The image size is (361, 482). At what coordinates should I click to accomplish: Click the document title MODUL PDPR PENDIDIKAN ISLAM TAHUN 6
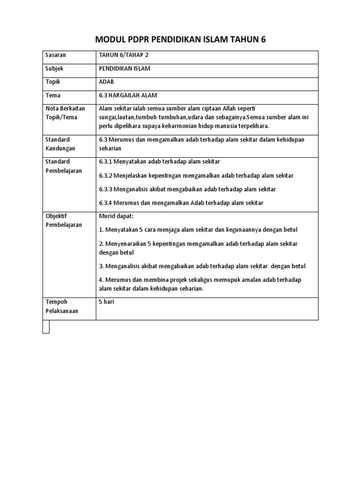click(x=180, y=40)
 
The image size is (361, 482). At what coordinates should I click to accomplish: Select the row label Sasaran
click(x=55, y=55)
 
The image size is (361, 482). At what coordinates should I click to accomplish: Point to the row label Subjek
click(x=55, y=69)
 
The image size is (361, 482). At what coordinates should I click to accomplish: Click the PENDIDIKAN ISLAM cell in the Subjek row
click(x=125, y=69)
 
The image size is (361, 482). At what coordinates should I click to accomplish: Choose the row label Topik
click(x=53, y=82)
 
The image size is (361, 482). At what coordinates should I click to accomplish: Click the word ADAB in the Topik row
click(x=107, y=82)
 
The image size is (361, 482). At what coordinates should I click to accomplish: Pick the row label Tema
click(x=53, y=96)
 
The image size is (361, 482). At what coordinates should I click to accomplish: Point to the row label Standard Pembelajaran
click(x=63, y=166)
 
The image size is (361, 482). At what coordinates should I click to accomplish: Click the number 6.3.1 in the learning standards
click(x=106, y=162)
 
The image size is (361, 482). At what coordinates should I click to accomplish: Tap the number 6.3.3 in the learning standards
click(x=106, y=189)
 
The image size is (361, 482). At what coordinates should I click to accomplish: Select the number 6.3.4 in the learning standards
click(x=106, y=203)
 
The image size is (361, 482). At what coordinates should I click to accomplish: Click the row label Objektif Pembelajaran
click(x=63, y=220)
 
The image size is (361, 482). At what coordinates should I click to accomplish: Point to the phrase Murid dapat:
click(x=117, y=216)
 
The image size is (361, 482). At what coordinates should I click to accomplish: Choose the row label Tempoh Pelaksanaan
click(x=62, y=306)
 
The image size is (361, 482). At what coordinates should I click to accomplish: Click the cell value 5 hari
click(x=106, y=302)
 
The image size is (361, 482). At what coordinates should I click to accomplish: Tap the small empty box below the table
click(x=46, y=327)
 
